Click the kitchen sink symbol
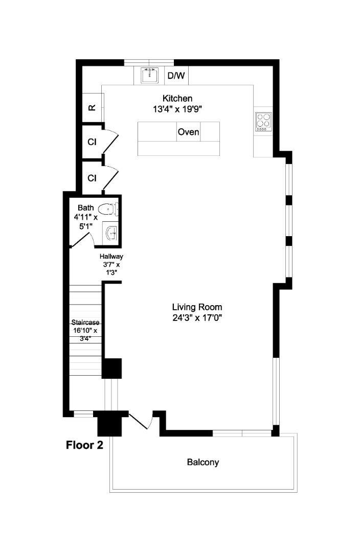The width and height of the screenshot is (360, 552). (x=149, y=75)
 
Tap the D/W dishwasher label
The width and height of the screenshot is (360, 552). (x=176, y=75)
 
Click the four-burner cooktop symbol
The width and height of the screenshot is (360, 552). (x=263, y=122)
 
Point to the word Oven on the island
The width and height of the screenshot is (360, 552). (x=189, y=132)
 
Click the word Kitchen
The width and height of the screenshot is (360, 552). (x=177, y=98)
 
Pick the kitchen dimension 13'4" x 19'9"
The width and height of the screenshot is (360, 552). (x=177, y=109)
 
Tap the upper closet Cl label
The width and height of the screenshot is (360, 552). (x=92, y=142)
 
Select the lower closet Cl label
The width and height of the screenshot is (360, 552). (x=92, y=178)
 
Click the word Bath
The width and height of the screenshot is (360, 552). (x=85, y=208)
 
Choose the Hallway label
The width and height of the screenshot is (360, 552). (x=111, y=256)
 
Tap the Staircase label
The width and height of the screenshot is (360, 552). (x=85, y=322)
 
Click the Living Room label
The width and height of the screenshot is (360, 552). (x=197, y=307)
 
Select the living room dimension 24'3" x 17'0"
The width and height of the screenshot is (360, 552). (x=197, y=318)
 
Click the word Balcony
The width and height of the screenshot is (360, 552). (x=203, y=462)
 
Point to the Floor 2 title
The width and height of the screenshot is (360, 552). (x=84, y=445)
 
